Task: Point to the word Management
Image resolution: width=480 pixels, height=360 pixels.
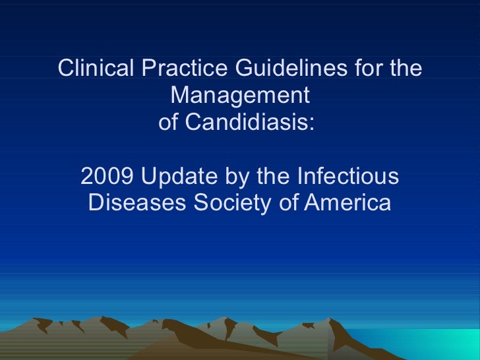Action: [x=239, y=96]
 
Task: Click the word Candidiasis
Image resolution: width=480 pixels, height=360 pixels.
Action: [x=247, y=123]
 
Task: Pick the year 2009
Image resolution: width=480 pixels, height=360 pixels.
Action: [x=107, y=177]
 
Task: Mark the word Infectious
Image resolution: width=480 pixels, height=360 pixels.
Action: [x=347, y=177]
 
